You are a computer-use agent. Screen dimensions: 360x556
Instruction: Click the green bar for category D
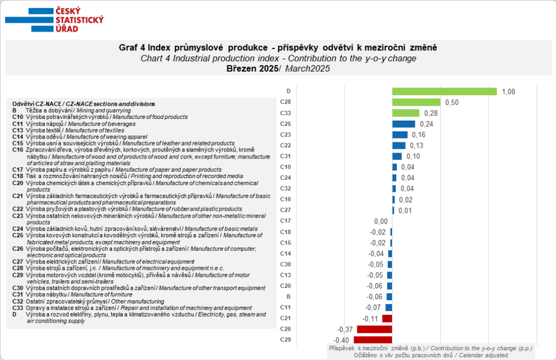click(444, 91)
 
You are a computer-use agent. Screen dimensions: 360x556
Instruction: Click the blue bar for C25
click(403, 124)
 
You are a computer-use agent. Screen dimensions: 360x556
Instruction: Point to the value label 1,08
click(508, 91)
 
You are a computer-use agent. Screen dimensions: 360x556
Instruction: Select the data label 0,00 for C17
click(381, 221)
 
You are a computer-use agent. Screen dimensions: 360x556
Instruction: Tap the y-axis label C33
click(286, 113)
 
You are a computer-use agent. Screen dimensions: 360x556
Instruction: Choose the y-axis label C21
click(286, 318)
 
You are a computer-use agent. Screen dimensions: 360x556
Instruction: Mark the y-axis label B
click(288, 296)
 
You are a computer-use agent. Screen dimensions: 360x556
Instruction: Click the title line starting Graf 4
click(277, 48)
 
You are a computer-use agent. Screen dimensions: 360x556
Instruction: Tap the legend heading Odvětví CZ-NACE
click(84, 104)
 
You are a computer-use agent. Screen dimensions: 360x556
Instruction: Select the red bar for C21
click(387, 318)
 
